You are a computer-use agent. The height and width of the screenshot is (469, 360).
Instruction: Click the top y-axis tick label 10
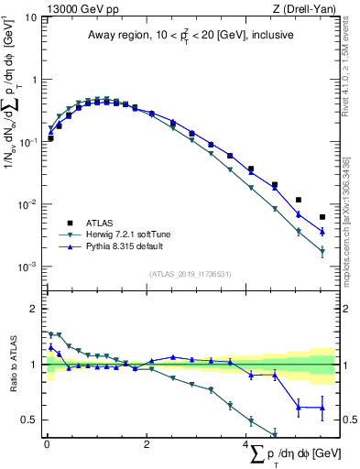(29, 17)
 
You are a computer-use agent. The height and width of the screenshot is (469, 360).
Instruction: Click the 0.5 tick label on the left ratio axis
(29, 420)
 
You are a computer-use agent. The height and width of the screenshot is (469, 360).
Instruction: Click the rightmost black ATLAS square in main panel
(322, 217)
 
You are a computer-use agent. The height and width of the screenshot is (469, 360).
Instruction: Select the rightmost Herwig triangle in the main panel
(322, 253)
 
